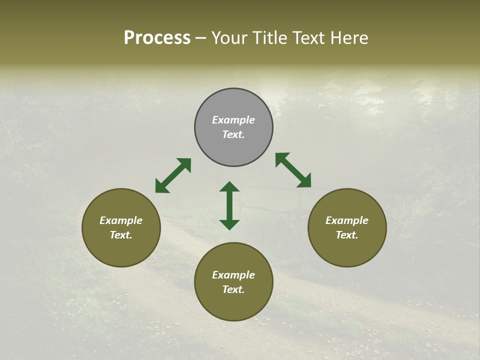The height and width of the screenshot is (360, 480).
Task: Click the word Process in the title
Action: (x=157, y=38)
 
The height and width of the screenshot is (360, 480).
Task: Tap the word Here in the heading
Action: (x=348, y=38)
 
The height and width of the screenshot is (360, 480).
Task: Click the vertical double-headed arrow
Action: (x=229, y=205)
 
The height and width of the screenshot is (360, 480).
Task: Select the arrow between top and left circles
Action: (x=173, y=175)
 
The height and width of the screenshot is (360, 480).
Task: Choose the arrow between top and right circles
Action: (x=293, y=170)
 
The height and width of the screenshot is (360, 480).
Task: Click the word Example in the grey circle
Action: (x=233, y=120)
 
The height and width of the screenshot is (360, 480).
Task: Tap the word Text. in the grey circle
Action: (x=233, y=134)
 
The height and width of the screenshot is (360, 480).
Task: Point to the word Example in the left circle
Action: (x=121, y=220)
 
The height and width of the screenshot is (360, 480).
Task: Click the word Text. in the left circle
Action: (x=121, y=235)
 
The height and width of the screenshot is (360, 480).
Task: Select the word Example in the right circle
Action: (x=347, y=220)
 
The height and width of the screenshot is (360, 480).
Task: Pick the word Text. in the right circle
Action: (x=347, y=235)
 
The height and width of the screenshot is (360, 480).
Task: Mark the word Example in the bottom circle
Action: (x=233, y=275)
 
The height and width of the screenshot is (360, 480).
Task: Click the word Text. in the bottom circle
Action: (x=233, y=289)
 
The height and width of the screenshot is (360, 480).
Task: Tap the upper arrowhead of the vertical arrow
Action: (x=229, y=186)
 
